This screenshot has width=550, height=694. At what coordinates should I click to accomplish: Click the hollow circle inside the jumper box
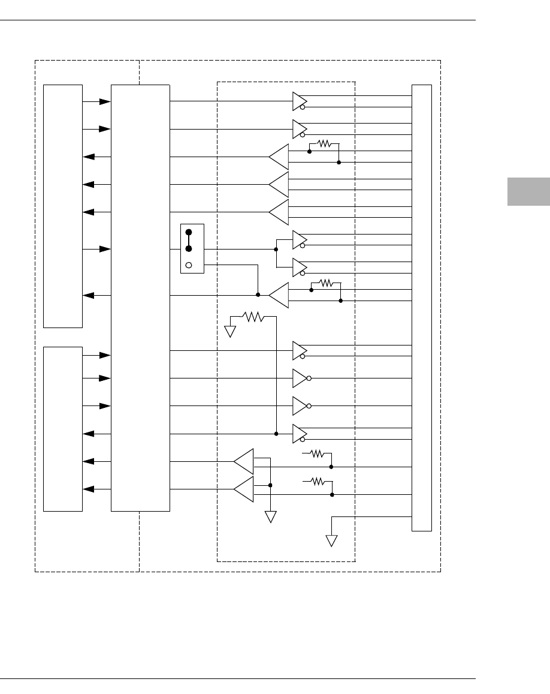pos(188,265)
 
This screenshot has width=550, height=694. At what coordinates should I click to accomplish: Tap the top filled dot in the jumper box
pos(188,232)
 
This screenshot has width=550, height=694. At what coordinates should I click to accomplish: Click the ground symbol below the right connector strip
pos(331,540)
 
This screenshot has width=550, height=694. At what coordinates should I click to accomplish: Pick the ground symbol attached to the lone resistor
pos(231,331)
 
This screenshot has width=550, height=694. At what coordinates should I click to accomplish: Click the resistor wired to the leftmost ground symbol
pos(253,317)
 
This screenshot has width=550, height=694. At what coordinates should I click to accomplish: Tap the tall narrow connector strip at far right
pos(422,308)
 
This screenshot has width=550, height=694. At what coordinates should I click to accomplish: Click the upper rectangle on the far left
pos(63,206)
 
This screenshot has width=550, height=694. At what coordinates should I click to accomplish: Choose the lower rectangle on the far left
pos(63,429)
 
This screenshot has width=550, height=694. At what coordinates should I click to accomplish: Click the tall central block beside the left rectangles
pos(140,298)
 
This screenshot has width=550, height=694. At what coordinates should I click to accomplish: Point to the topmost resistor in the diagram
pos(324,144)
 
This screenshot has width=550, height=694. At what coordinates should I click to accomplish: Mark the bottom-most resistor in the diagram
pos(317,480)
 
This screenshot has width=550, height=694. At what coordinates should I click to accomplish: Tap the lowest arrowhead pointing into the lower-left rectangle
pos(88,489)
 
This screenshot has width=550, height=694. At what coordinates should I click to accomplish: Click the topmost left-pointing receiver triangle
pos(279,157)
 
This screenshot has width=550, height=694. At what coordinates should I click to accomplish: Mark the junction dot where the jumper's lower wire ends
pos(258,295)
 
